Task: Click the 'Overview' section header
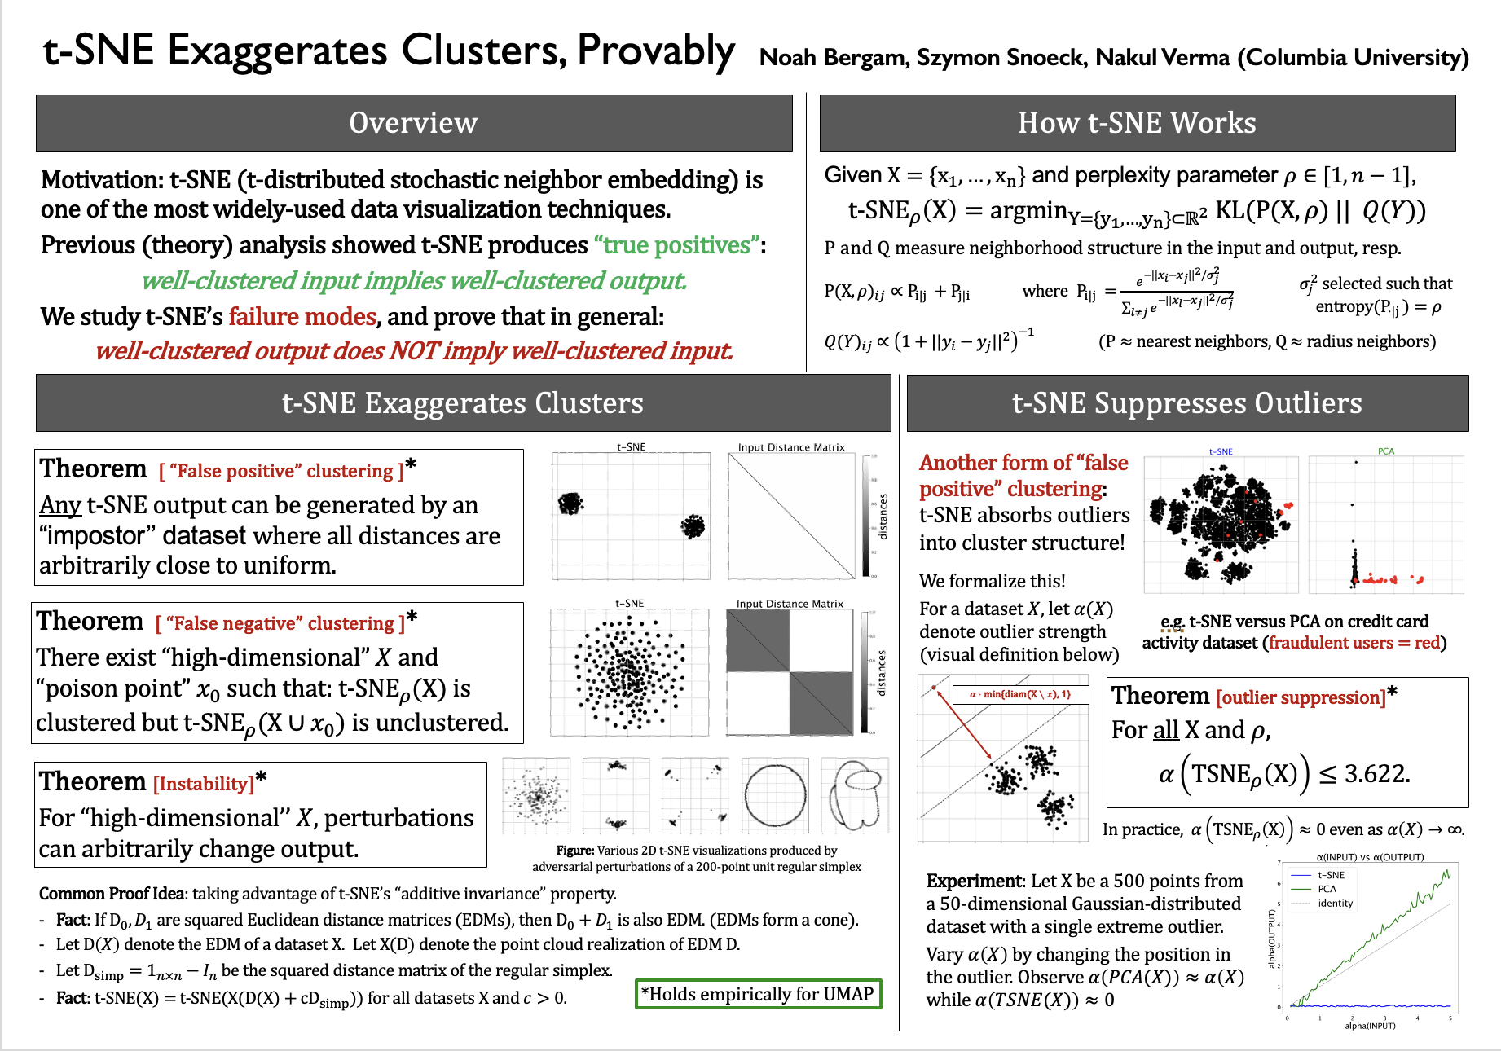[413, 123]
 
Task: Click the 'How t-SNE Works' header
[1137, 123]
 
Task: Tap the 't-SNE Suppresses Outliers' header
[1186, 403]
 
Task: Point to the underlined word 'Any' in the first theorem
[60, 505]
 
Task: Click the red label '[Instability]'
[204, 784]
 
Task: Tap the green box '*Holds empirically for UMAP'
[758, 994]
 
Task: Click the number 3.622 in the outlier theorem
[1376, 773]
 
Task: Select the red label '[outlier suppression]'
[1301, 697]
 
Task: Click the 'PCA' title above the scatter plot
[1386, 451]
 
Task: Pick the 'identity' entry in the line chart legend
[1335, 904]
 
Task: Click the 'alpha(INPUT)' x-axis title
[1370, 1026]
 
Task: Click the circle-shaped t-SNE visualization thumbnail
[776, 795]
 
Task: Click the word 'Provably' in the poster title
[656, 51]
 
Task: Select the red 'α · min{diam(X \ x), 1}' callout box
[1020, 695]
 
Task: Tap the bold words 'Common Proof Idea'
[112, 894]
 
